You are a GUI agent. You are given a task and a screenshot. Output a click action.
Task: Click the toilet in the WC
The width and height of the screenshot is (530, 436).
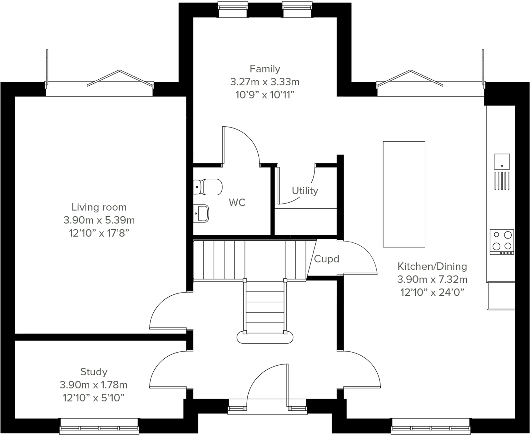(208, 187)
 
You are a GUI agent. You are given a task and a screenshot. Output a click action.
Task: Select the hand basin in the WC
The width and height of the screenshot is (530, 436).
(201, 213)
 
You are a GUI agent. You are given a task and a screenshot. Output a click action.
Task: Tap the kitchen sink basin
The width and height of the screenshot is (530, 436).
(502, 162)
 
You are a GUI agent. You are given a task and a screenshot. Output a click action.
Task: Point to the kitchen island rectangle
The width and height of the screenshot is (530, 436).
(404, 194)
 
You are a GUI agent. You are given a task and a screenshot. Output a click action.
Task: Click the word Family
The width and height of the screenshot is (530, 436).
(265, 69)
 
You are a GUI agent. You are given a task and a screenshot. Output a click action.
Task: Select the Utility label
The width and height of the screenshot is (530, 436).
(305, 191)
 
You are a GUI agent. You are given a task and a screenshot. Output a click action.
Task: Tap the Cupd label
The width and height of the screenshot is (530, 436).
(326, 259)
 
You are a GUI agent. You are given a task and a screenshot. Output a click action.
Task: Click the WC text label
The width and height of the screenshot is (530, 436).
(237, 203)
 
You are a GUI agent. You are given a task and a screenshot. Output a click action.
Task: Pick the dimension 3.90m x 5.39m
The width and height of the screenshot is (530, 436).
(99, 220)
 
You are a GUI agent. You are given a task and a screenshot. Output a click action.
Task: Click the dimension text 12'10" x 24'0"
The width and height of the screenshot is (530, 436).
(432, 293)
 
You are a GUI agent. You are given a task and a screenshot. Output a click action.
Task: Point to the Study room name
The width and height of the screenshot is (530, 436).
(94, 372)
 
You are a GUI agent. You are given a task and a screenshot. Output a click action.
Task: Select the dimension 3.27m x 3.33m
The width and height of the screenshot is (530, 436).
(265, 82)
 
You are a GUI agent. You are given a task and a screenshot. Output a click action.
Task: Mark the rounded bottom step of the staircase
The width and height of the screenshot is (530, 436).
(265, 337)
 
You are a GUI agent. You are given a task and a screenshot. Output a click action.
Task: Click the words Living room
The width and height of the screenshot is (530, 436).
(99, 207)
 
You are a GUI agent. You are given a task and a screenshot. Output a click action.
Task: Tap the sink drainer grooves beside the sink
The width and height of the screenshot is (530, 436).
(502, 181)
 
